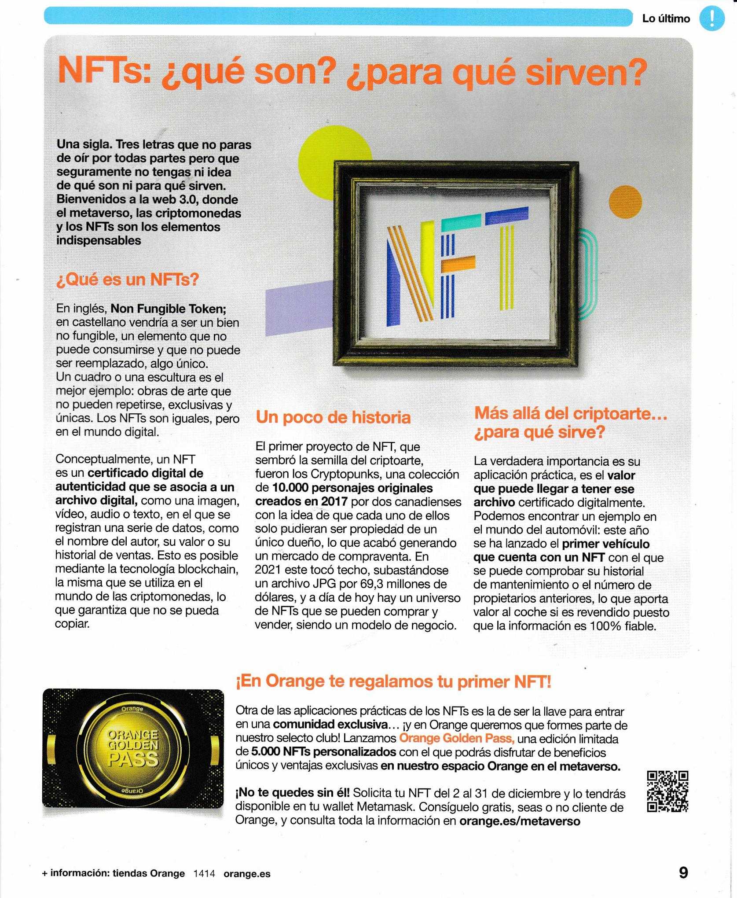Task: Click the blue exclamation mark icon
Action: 712,19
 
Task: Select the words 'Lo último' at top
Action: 666,19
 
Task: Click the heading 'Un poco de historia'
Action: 333,417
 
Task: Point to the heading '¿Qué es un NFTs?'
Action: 128,279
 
